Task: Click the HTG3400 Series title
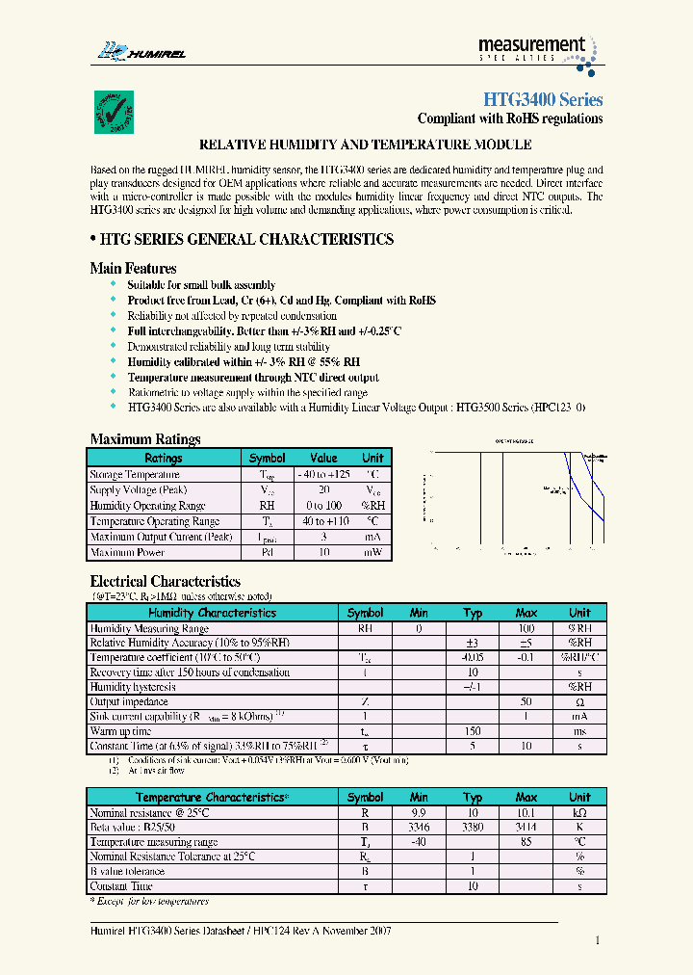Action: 542,100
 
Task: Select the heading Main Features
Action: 133,269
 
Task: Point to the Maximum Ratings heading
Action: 144,439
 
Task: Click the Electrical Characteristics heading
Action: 165,582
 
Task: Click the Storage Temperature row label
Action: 135,474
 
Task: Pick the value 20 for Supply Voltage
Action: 323,489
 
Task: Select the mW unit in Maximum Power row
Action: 372,552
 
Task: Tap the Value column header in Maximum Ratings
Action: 323,459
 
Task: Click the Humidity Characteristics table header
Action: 210,613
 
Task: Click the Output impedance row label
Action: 130,702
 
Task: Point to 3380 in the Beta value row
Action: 472,827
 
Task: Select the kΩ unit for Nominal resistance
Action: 579,812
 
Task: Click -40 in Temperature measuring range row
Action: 418,841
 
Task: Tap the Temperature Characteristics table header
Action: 210,798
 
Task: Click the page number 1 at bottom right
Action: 598,940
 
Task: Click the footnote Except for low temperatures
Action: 149,901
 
